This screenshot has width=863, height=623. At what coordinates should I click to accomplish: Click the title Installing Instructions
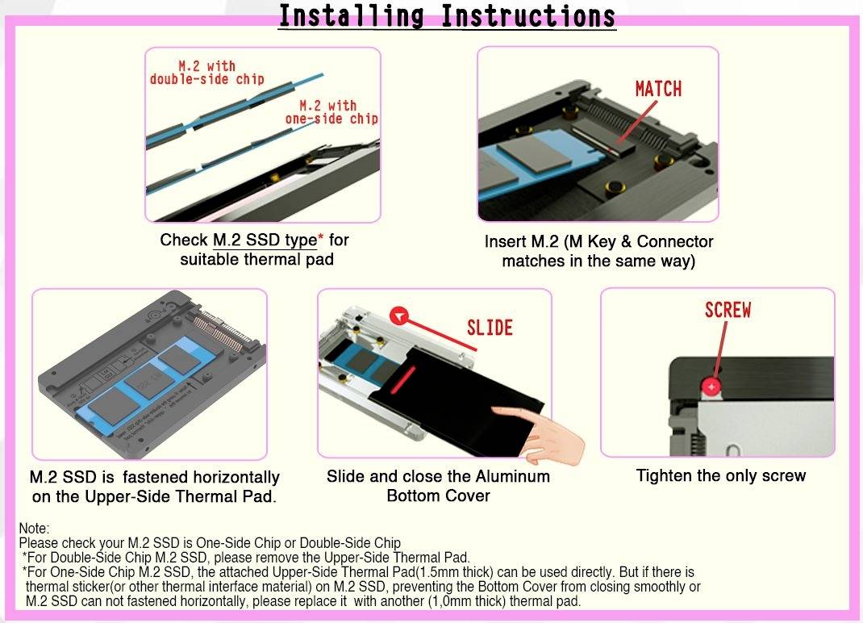[447, 16]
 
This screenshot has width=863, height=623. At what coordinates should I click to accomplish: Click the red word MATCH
[658, 89]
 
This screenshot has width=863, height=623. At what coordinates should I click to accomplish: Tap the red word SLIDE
[490, 328]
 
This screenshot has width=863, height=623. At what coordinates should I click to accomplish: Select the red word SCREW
[728, 310]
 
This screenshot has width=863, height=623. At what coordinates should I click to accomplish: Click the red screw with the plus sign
[711, 387]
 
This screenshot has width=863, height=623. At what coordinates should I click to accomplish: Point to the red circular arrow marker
[398, 316]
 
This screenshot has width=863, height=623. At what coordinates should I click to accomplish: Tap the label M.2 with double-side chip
[207, 73]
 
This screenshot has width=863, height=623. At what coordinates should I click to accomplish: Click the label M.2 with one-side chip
[331, 112]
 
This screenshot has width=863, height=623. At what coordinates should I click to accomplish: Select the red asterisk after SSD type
[321, 237]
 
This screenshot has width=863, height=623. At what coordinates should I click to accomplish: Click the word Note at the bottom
[34, 529]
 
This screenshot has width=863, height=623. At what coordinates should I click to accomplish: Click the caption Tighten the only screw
[721, 475]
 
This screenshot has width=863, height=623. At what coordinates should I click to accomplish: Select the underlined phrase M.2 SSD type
[265, 240]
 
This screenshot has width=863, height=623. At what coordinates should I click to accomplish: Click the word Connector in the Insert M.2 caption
[675, 241]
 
